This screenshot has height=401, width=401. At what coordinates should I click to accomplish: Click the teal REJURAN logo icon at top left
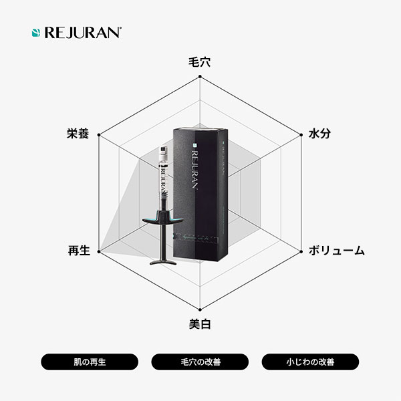36,33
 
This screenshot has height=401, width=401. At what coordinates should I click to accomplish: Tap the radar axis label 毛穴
200,62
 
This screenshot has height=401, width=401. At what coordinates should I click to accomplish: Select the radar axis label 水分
319,134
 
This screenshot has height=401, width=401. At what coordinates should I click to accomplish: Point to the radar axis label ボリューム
337,251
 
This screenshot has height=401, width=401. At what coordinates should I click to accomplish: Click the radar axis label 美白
200,324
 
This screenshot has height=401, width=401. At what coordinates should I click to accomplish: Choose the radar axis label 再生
79,251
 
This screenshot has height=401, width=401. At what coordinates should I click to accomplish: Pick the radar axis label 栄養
78,134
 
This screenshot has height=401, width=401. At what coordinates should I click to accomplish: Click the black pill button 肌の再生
90,362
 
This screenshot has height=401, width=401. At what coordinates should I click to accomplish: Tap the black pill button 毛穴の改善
200,362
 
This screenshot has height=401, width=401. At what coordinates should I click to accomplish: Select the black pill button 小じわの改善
310,362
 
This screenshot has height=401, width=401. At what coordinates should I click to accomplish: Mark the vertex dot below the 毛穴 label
200,76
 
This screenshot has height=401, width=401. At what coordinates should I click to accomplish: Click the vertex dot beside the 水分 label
301,135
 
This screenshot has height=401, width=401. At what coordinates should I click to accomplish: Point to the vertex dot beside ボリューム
301,252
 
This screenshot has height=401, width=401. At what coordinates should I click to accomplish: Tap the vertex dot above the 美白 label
200,310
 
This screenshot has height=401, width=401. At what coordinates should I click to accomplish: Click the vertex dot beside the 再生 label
99,252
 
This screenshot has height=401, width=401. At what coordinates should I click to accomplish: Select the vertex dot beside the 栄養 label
99,135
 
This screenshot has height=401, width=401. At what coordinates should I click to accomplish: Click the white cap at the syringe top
163,151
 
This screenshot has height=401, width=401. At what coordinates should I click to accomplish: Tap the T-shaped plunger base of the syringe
163,262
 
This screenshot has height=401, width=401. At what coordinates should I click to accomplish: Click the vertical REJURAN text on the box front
195,170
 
